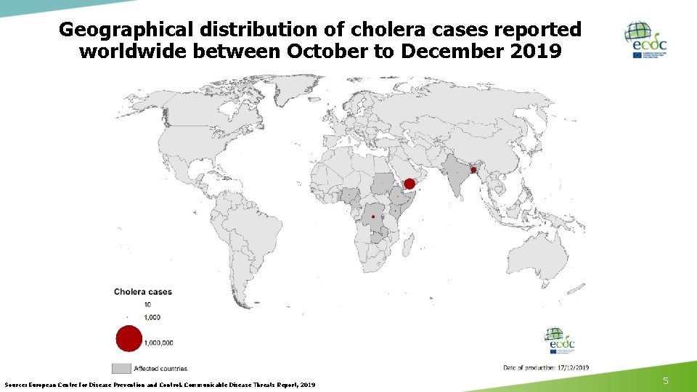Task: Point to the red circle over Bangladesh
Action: (x=473, y=170)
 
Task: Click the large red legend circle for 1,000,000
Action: (x=129, y=339)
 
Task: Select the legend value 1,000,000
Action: (x=159, y=342)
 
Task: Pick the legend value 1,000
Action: (x=152, y=317)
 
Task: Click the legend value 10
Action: (x=147, y=304)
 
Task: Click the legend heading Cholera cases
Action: (x=143, y=292)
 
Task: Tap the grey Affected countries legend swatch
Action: (x=121, y=368)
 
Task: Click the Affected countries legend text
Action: (x=160, y=368)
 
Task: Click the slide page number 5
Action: (x=666, y=381)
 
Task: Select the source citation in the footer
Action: (x=160, y=384)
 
